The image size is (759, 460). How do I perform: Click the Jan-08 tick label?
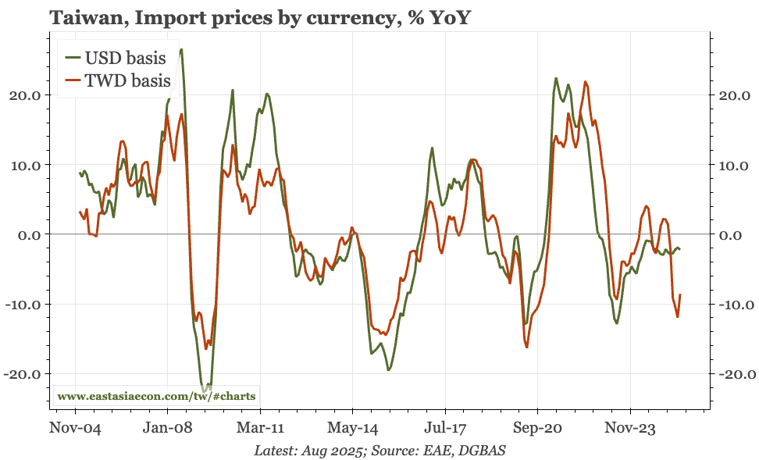click(167, 429)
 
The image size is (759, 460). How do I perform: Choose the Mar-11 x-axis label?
click(259, 429)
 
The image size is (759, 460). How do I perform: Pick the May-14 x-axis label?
click(352, 429)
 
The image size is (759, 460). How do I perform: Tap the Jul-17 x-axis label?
click(445, 429)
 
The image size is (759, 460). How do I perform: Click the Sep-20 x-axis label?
click(537, 429)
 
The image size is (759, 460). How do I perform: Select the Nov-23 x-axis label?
click(630, 429)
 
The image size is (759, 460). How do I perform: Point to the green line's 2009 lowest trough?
click(205, 390)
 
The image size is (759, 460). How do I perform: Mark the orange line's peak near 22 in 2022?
click(586, 81)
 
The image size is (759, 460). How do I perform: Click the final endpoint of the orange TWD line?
click(681, 294)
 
